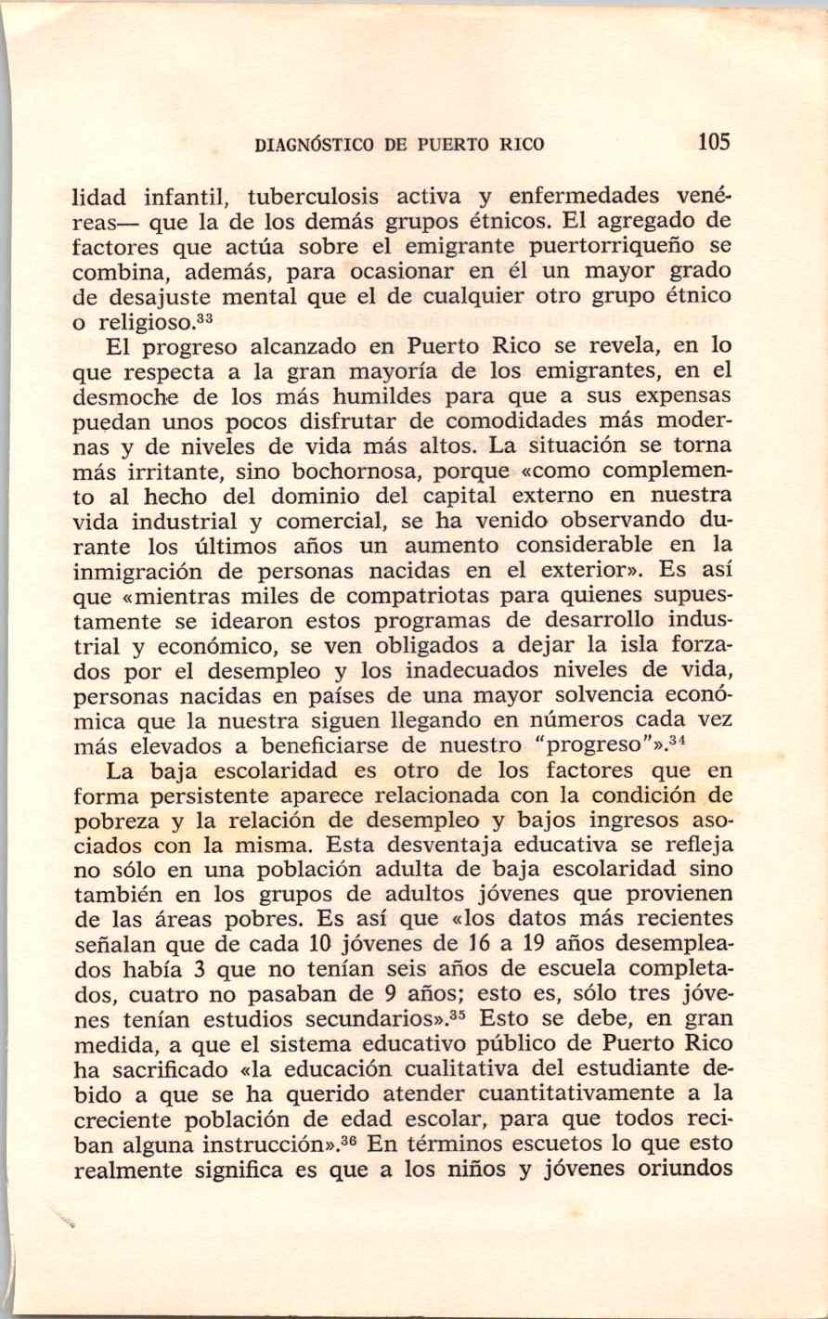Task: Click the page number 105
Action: click(x=714, y=142)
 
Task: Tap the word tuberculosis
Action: click(x=310, y=197)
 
